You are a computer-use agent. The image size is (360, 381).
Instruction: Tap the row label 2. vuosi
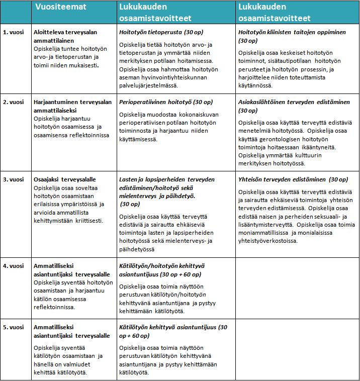14,102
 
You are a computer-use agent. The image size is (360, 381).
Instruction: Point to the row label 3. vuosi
14,179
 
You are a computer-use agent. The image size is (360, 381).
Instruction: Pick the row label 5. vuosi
14,327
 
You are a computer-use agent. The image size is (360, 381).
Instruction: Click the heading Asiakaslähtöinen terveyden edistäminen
294,102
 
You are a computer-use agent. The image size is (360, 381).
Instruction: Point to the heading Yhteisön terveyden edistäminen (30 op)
293,179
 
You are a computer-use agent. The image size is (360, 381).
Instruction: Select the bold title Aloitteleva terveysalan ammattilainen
65,36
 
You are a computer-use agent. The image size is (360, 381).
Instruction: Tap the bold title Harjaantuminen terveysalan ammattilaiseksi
72,106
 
